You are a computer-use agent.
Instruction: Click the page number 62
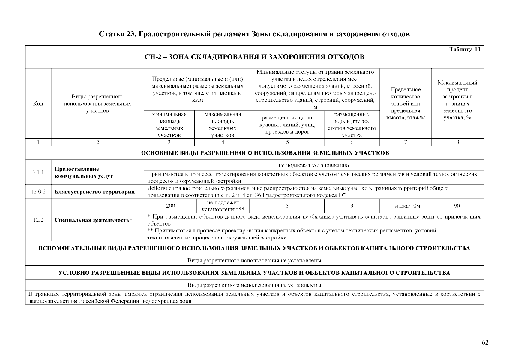(485, 343)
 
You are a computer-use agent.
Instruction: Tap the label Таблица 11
(465, 49)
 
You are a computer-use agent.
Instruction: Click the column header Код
(38, 103)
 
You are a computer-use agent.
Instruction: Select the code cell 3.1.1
(38, 172)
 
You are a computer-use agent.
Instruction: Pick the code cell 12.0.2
(38, 192)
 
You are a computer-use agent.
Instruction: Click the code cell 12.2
(38, 220)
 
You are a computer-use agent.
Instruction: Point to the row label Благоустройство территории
(94, 192)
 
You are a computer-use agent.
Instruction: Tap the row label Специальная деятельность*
(93, 220)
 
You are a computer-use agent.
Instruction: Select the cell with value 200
(170, 206)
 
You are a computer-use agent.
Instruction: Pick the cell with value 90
(457, 206)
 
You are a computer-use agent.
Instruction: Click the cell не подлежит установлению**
(223, 206)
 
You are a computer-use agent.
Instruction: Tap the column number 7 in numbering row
(406, 142)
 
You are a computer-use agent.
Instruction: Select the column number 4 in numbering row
(223, 142)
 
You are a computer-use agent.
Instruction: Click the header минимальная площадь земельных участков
(169, 124)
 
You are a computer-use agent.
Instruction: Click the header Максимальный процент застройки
(457, 100)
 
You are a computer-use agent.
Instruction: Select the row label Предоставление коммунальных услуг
(83, 172)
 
